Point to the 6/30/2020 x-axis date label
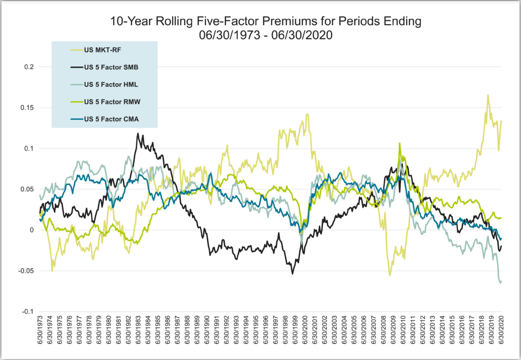click(x=502, y=333)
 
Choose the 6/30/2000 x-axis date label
click(x=306, y=333)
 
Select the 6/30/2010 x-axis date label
click(x=404, y=333)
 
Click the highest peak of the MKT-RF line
click(x=488, y=95)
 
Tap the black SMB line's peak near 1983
click(x=138, y=134)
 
